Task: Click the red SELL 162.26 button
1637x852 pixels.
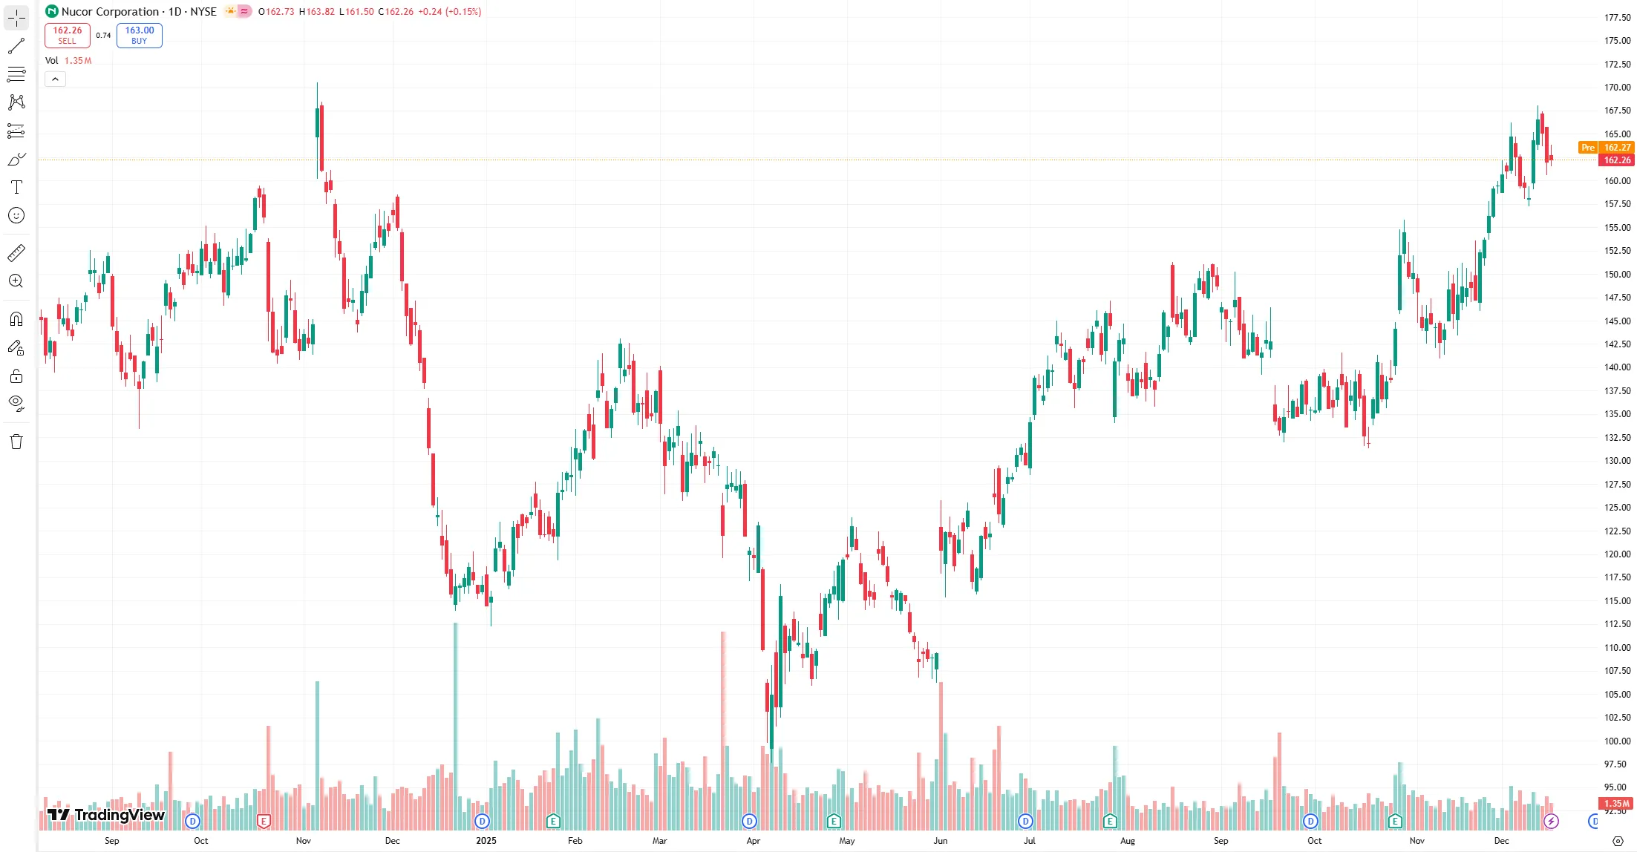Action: click(x=68, y=35)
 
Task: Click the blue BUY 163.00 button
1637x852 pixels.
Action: click(x=140, y=35)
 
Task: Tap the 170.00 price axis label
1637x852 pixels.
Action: click(x=1617, y=88)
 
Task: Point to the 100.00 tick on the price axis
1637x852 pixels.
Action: click(x=1617, y=741)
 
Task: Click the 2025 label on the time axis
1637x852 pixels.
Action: click(x=486, y=841)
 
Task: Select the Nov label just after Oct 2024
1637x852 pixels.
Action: click(x=304, y=841)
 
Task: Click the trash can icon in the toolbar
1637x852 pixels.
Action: click(x=16, y=442)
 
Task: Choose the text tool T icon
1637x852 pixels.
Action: click(x=16, y=187)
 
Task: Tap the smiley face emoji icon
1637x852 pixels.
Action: click(x=16, y=215)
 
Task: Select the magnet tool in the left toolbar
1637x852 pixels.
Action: click(x=16, y=319)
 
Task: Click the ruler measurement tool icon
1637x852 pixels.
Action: click(x=16, y=253)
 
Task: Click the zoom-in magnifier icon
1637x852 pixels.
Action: click(x=16, y=281)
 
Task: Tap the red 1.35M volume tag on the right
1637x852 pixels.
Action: click(x=1616, y=803)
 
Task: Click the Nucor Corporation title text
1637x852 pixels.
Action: click(x=110, y=12)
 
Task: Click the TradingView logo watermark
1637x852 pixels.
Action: click(x=106, y=815)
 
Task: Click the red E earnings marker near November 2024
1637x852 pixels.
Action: click(x=264, y=821)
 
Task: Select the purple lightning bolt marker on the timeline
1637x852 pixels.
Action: click(x=1551, y=821)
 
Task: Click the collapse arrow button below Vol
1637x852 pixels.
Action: click(x=56, y=79)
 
